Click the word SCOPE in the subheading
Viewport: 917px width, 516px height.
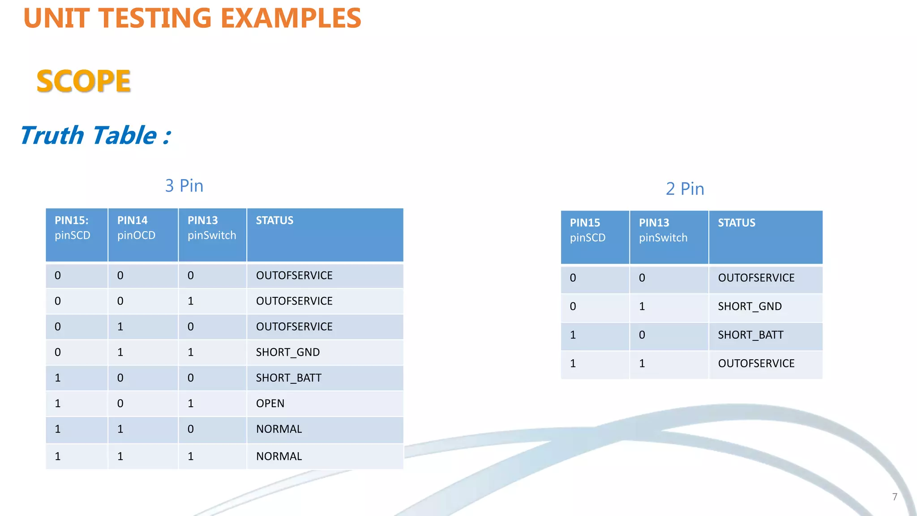coord(83,82)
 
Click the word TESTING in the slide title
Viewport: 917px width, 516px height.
coord(154,18)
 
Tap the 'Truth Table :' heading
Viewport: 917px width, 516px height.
coord(95,135)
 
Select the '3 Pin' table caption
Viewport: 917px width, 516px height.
coord(184,186)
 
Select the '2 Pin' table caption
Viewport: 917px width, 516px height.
coord(685,189)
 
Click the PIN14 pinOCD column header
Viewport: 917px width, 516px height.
coord(136,228)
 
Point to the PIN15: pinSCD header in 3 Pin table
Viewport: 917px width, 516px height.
coord(73,228)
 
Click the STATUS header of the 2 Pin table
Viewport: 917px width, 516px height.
coord(736,223)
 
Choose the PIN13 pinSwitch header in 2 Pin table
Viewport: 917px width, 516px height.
coord(663,230)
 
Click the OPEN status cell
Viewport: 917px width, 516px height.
coord(270,404)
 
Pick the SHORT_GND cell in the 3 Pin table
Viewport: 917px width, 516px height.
coord(287,353)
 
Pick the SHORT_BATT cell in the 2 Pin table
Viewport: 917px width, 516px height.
coord(750,335)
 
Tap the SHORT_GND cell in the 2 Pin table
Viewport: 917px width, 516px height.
coord(750,306)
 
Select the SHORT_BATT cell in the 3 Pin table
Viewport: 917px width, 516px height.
coord(288,378)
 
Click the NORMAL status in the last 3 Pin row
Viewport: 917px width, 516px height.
coord(279,456)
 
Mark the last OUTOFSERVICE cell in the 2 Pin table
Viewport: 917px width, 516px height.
coord(756,364)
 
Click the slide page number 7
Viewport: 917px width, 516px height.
coord(895,497)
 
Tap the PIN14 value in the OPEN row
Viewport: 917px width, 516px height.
coord(120,404)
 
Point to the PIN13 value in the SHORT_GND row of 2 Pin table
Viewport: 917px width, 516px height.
coord(642,306)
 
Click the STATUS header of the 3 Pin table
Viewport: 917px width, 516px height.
coord(274,220)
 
